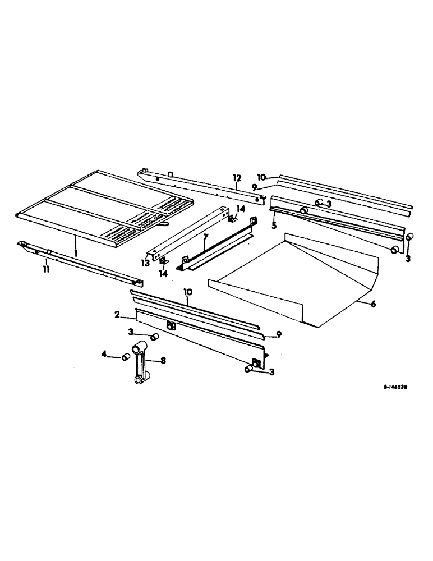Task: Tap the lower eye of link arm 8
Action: tap(138, 381)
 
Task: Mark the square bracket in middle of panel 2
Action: tap(171, 326)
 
